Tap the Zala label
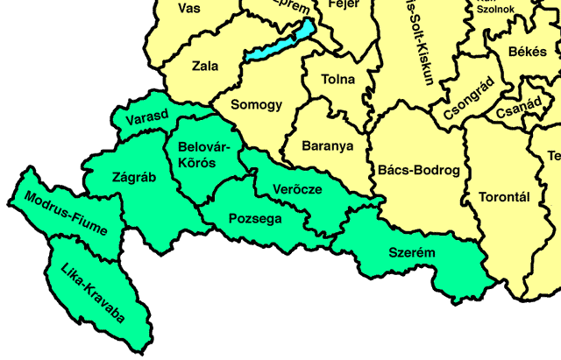tap(204, 66)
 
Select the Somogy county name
tap(256, 105)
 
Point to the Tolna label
tap(339, 80)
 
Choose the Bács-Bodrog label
tap(417, 171)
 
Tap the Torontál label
tap(505, 197)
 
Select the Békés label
tap(527, 53)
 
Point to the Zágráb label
tap(134, 176)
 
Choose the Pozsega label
tap(255, 219)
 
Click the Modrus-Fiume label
tap(67, 215)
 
